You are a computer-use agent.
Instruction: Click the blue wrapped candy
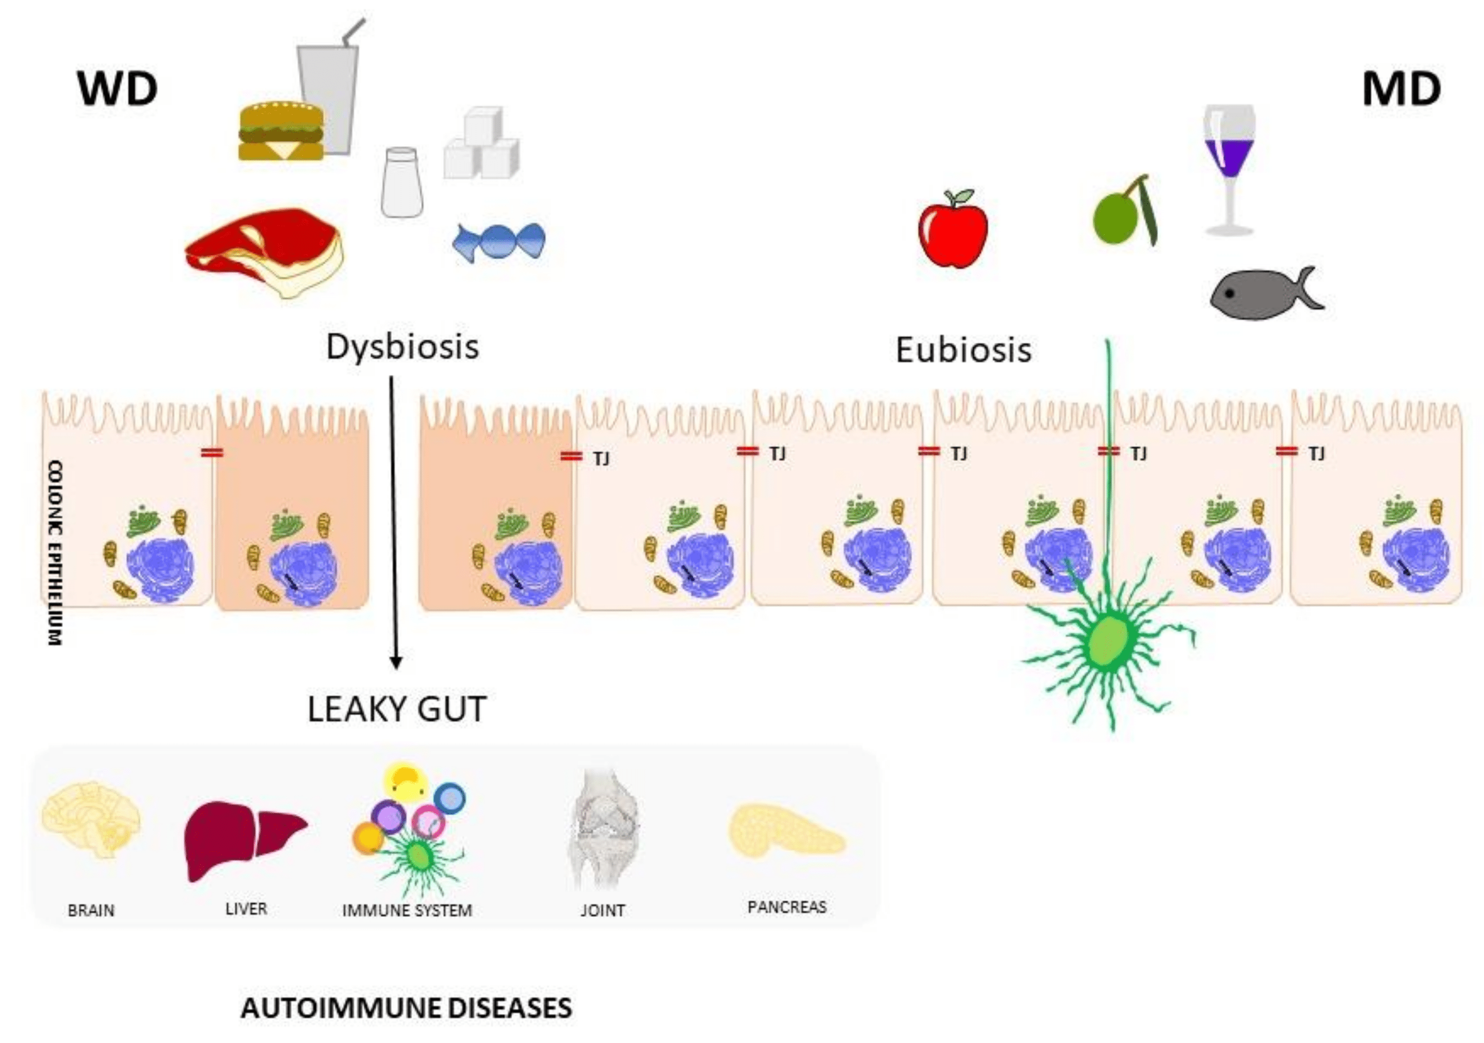tap(499, 242)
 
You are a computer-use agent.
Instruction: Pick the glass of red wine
tap(1228, 168)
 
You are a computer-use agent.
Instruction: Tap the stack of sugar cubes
tap(482, 144)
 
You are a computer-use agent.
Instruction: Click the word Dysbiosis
tap(402, 347)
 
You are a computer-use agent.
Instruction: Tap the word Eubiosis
tap(963, 351)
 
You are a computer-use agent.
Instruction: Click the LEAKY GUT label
tap(396, 709)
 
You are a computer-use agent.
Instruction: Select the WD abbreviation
tap(118, 89)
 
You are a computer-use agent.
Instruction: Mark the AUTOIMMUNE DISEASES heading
tap(406, 1007)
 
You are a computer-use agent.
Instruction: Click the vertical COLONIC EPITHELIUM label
tap(56, 553)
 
